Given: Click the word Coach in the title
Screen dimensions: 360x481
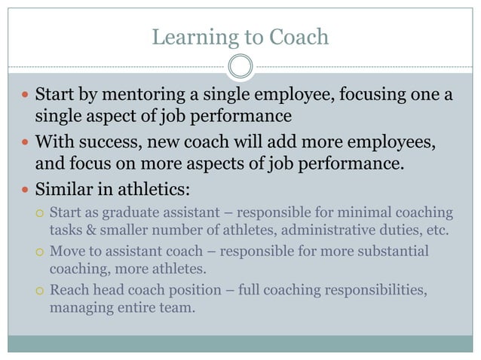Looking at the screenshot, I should point(302,37).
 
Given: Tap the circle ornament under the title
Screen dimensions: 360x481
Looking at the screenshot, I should point(240,66).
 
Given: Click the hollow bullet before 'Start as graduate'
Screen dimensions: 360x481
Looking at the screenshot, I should point(40,212).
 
